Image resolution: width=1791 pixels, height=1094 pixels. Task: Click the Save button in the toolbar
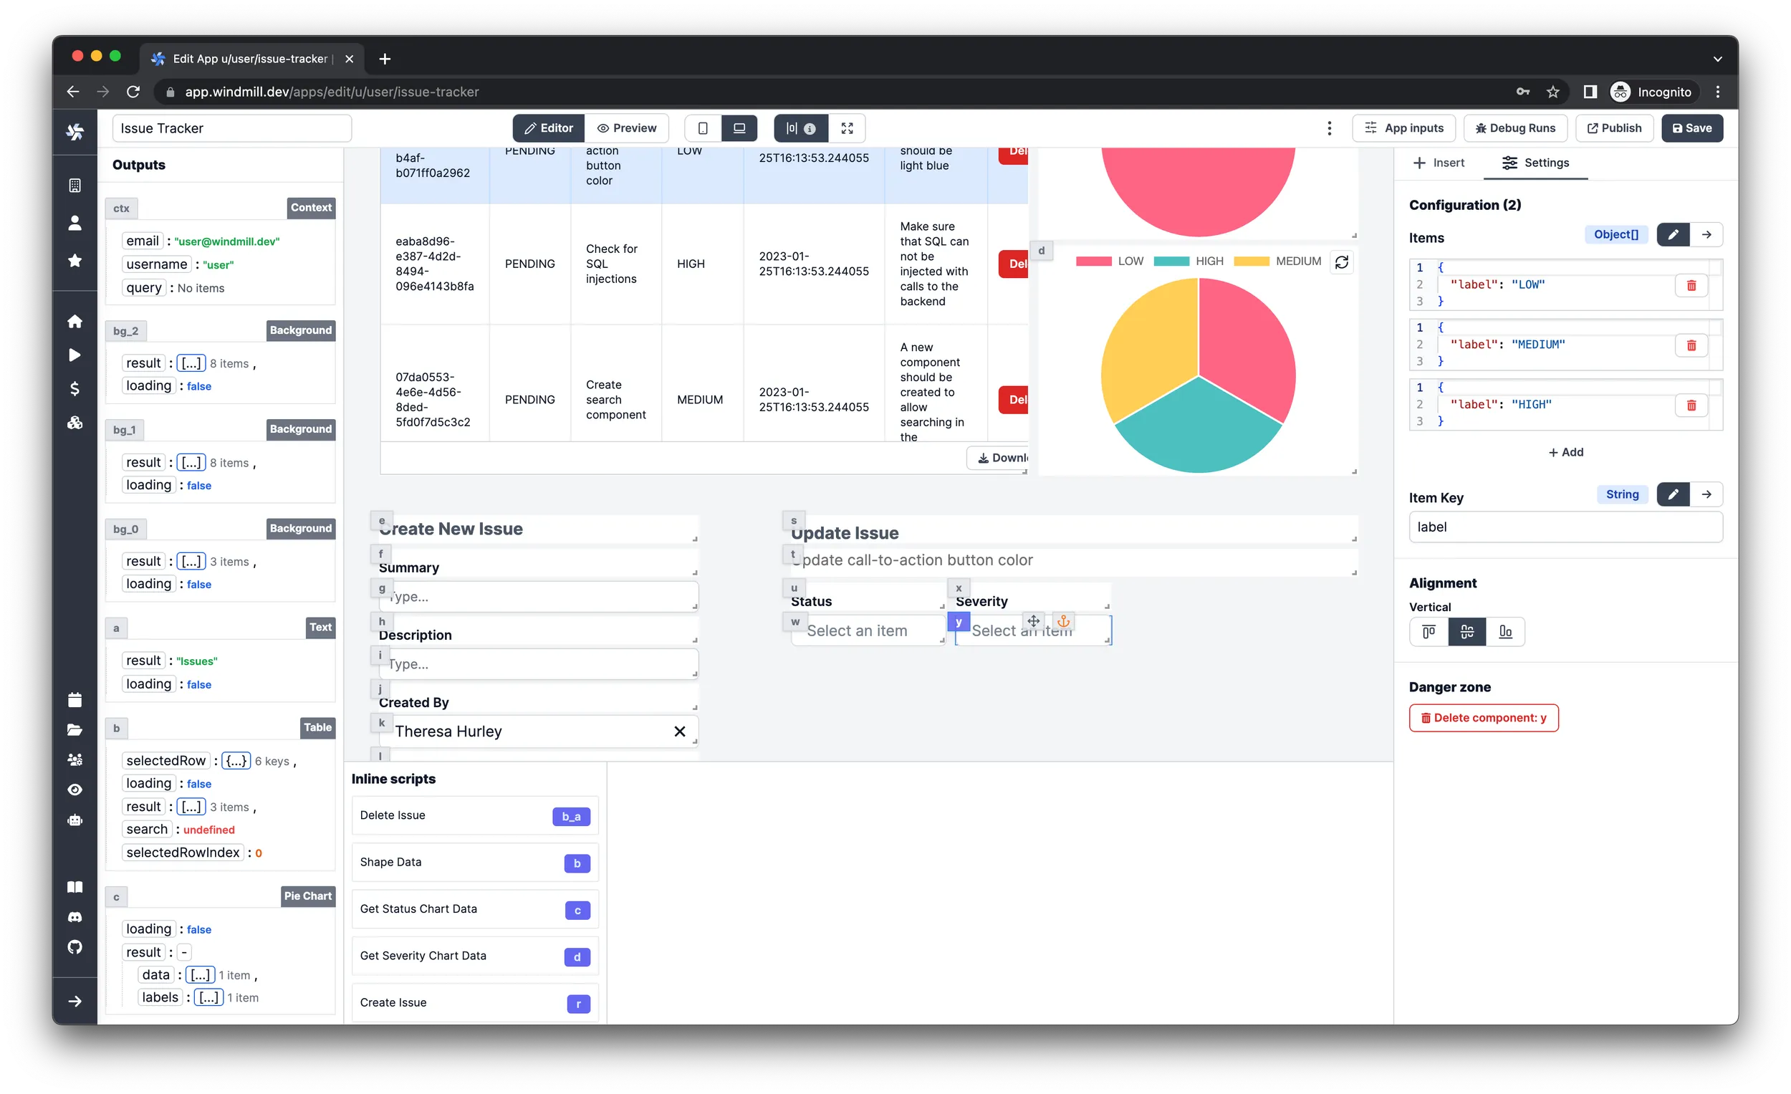(1691, 128)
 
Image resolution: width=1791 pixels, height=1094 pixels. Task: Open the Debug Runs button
(1514, 128)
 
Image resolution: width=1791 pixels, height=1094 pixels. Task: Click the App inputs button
(1403, 128)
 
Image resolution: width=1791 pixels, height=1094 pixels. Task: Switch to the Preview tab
(627, 128)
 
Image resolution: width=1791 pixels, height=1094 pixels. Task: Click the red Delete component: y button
(1483, 717)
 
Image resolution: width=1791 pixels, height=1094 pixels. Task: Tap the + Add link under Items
(1565, 452)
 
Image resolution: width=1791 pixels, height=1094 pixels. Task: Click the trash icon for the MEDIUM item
(1691, 345)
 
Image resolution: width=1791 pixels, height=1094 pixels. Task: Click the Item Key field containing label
(1565, 527)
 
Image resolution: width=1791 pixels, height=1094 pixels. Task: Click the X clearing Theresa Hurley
(679, 731)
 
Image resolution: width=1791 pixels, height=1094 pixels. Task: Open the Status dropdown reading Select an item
(866, 630)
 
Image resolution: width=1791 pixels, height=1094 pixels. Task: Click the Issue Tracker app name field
(231, 128)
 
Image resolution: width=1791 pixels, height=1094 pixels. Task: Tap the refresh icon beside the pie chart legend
(1341, 261)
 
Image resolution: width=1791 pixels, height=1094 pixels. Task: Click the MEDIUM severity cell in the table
(699, 400)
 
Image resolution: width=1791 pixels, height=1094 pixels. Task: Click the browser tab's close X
(349, 59)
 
